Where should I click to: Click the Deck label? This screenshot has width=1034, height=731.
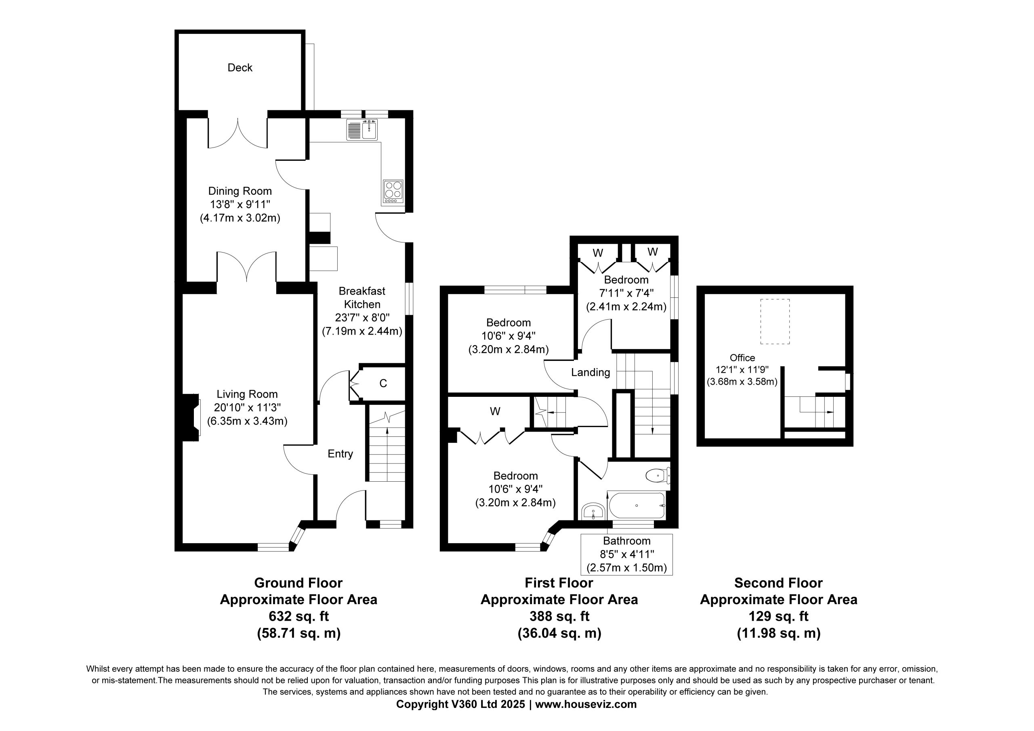coord(240,67)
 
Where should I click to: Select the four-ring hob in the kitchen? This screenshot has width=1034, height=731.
coord(393,191)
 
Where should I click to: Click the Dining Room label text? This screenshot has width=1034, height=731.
coord(240,191)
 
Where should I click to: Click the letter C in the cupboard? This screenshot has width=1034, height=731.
coord(383,383)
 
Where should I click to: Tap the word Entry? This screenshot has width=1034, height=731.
coord(340,454)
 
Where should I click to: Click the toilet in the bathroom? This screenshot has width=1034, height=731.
coord(658,476)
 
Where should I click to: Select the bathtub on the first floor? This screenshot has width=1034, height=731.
coord(636,506)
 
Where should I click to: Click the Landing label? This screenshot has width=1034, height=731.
coord(591,372)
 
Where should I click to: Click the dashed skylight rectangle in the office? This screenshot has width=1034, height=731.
coord(775,321)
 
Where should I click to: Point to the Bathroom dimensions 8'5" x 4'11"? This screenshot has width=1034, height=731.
coord(626,554)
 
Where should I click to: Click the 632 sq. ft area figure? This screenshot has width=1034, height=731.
coord(298,616)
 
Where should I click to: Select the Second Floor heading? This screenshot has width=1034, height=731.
coord(778,583)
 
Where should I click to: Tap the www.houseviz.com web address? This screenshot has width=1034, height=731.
coord(586,704)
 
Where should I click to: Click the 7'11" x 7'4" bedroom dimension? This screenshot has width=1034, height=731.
coord(626,293)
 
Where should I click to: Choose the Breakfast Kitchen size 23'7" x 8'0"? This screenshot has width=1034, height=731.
coord(362,318)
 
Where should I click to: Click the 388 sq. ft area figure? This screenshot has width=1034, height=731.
coord(559,616)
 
